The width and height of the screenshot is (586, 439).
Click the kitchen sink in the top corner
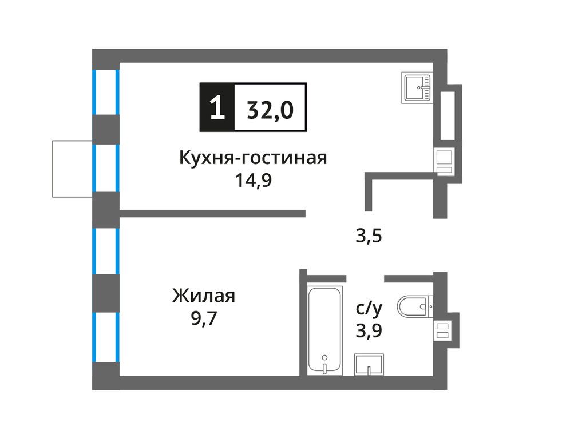(x=418, y=87)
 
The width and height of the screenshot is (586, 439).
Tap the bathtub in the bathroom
(x=324, y=331)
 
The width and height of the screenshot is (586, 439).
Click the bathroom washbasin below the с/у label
(x=369, y=364)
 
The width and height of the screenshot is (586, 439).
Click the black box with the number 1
(x=216, y=108)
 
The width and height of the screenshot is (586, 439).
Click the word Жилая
(x=204, y=296)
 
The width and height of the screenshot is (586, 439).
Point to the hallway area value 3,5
(x=369, y=235)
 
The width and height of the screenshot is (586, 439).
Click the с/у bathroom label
(x=369, y=309)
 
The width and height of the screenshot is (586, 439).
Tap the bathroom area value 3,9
(x=369, y=330)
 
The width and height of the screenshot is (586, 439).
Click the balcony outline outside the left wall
(x=72, y=168)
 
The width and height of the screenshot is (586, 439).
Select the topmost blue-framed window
(x=106, y=92)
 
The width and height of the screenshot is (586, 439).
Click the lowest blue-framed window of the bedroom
(x=106, y=337)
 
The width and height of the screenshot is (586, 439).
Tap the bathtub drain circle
(x=324, y=357)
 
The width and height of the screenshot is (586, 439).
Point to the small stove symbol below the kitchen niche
(x=444, y=161)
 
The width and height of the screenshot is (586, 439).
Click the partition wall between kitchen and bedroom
(x=212, y=214)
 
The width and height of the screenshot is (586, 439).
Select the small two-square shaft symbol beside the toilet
(x=443, y=330)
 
